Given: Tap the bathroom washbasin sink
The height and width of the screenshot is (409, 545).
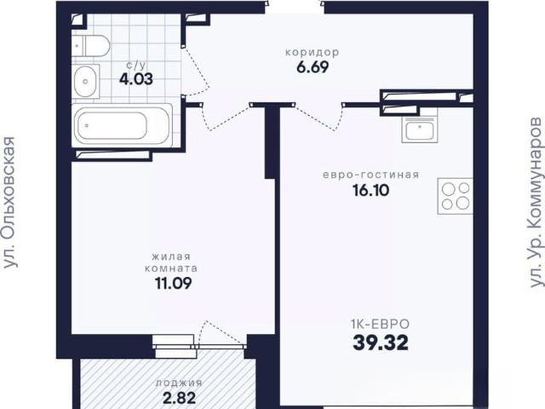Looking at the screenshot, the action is click(x=85, y=82).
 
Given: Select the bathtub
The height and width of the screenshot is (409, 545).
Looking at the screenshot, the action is click(x=123, y=125).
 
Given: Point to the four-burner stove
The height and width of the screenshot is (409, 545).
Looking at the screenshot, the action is click(x=456, y=196).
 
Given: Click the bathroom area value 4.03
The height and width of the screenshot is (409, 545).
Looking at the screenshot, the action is click(x=136, y=79).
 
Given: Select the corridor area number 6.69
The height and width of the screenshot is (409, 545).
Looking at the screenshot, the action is click(x=313, y=67).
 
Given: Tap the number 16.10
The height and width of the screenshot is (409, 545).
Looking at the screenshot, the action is click(x=371, y=190).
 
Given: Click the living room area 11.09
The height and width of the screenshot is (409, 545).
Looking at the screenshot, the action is click(x=173, y=283).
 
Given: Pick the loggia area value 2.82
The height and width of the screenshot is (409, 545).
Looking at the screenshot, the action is click(x=179, y=398).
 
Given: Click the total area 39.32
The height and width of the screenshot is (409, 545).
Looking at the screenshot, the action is click(x=381, y=343).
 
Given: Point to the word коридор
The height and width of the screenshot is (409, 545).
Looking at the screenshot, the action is click(x=313, y=53).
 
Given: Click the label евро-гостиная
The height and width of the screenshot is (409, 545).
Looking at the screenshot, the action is click(x=371, y=175).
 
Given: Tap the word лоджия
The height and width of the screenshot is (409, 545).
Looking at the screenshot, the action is click(x=179, y=383).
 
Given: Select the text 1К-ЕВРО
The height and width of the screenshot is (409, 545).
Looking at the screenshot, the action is click(x=381, y=324).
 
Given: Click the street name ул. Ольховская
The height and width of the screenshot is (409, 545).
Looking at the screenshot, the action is click(x=9, y=202).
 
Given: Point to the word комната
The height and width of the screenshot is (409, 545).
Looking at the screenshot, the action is click(x=171, y=268).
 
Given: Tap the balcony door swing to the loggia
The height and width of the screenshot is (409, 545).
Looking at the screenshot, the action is click(x=221, y=332).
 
